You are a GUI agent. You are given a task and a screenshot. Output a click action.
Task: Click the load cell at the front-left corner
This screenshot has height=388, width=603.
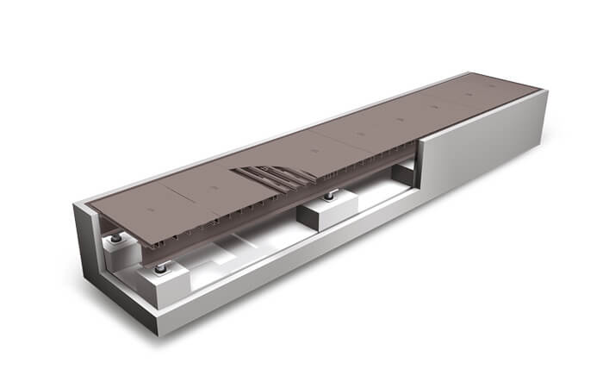click(x=161, y=269)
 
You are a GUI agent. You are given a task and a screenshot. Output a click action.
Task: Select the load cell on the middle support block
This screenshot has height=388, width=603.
click(x=328, y=198)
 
